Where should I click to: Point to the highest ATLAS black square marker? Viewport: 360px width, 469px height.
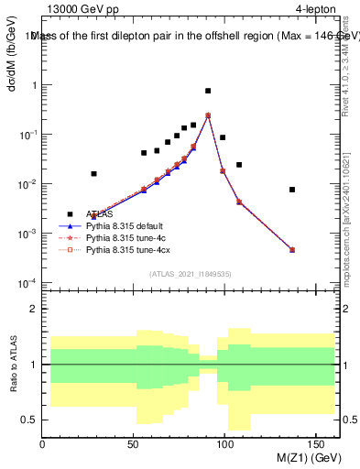(x=208, y=91)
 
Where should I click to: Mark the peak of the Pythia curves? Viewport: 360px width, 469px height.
(x=208, y=115)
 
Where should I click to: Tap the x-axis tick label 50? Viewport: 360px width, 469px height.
(x=134, y=444)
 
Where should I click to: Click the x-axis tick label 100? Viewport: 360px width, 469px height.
(x=225, y=444)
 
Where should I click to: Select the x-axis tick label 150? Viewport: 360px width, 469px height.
(x=317, y=444)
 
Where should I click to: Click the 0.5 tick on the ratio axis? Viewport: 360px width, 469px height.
(x=30, y=420)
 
